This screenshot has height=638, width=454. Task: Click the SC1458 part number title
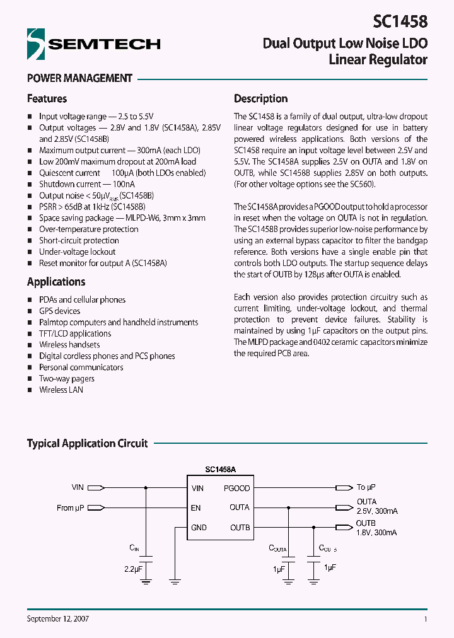coord(400,21)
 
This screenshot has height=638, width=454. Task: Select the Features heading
coord(47,99)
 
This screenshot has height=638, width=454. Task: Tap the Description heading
coord(260,99)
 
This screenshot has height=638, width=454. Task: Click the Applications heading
coord(56,282)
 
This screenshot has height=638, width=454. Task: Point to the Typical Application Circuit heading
coord(87,443)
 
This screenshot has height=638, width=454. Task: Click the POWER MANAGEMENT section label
coord(79,78)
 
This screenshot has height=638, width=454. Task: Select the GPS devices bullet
coord(59,311)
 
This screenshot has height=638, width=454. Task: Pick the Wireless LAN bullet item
coord(61,390)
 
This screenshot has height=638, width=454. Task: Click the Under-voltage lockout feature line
coord(78,252)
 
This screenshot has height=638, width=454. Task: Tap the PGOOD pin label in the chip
coord(236,488)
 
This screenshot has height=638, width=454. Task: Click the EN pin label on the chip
coord(196,507)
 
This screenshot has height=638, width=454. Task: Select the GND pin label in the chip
coord(199,528)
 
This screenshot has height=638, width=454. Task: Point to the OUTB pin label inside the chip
coord(240,528)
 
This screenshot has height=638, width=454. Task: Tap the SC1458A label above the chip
coord(220,470)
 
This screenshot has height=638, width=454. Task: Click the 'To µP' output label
coord(366,487)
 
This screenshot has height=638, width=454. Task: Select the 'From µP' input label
coord(70,507)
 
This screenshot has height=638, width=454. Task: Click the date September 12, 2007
coord(57,619)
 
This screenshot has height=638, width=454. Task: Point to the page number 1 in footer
coord(426,619)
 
